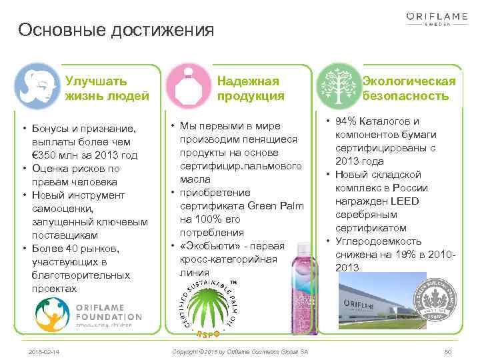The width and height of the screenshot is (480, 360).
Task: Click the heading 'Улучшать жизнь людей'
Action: click(x=107, y=89)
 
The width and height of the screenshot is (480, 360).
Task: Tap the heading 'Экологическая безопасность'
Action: click(x=408, y=89)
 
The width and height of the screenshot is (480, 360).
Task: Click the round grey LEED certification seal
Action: click(x=435, y=301)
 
